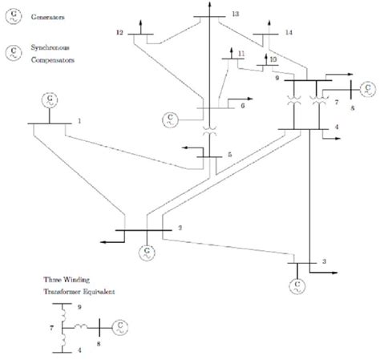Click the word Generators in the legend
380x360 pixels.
pyautogui.click(x=46, y=15)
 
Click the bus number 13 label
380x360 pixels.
pyautogui.click(x=234, y=14)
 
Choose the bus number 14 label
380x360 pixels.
pyautogui.click(x=289, y=32)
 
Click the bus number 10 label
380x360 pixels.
pyautogui.click(x=273, y=59)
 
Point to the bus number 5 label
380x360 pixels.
pyautogui.click(x=229, y=154)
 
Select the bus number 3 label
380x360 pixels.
pyautogui.click(x=323, y=262)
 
